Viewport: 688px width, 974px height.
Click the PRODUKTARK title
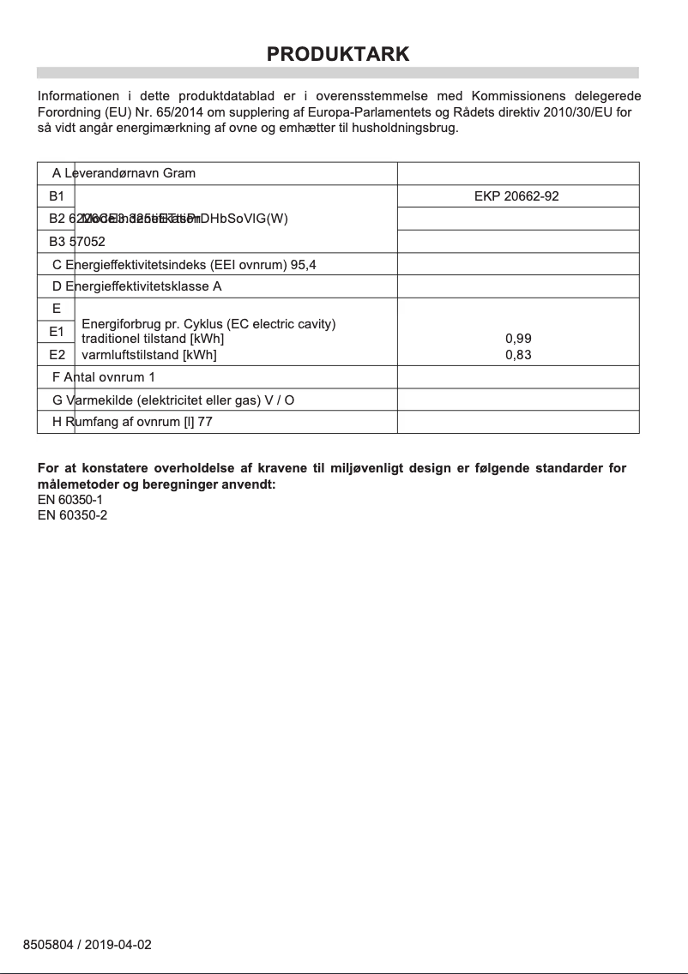click(338, 54)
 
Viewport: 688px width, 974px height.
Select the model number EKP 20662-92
click(516, 196)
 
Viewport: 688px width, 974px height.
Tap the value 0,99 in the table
click(518, 339)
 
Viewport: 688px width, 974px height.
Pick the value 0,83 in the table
click(518, 355)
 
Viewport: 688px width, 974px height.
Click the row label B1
click(57, 196)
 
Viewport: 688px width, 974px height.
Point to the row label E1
click(57, 331)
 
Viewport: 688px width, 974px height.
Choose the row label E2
click(57, 354)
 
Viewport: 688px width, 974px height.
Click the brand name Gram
click(179, 173)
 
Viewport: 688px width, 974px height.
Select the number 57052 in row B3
click(87, 242)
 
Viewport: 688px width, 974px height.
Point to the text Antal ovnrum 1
click(109, 377)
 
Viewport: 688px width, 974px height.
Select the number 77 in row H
click(205, 422)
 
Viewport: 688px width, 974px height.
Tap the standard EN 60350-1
click(73, 499)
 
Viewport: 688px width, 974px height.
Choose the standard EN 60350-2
click(73, 514)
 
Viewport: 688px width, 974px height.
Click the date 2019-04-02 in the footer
click(118, 945)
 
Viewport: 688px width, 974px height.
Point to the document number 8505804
click(48, 945)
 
